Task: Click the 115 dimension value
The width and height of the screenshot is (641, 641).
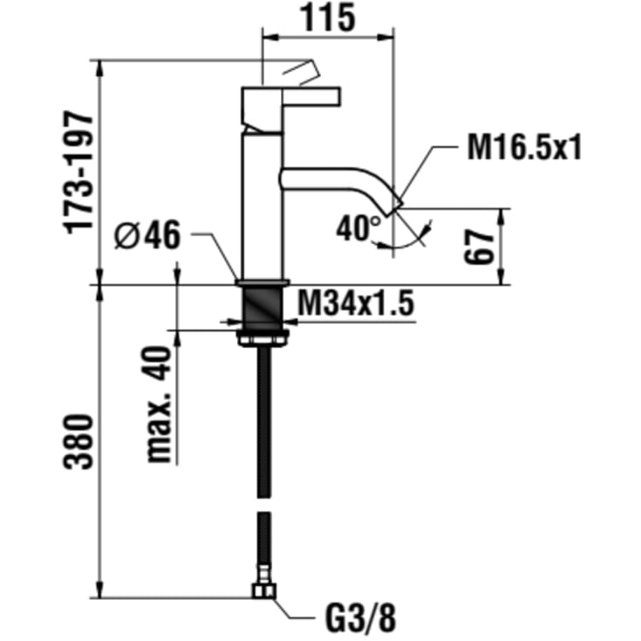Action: [x=328, y=18]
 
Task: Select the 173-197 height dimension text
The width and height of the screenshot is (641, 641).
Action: [x=78, y=172]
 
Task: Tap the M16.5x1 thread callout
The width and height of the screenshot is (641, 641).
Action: [x=524, y=147]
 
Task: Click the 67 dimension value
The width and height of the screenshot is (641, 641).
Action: [x=479, y=247]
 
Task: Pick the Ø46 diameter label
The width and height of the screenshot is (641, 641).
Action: [x=147, y=235]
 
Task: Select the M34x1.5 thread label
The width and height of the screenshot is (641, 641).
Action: [x=356, y=303]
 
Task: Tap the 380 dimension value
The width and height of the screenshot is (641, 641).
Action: [x=78, y=441]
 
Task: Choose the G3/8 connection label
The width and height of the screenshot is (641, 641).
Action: [x=360, y=618]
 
